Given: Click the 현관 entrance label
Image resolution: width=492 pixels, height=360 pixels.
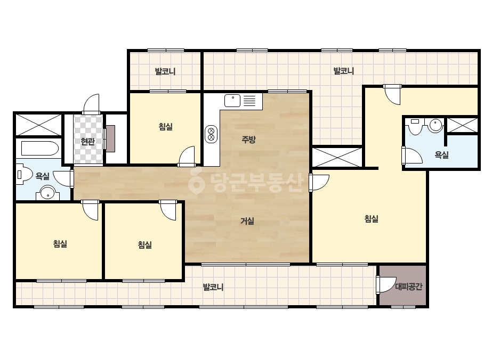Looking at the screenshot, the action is [x=87, y=142].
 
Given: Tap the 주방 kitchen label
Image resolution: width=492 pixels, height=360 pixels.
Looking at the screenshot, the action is [x=248, y=139].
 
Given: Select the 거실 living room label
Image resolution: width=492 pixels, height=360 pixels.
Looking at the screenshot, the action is [x=247, y=221].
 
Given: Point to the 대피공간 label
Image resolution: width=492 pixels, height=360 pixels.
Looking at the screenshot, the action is [x=408, y=287].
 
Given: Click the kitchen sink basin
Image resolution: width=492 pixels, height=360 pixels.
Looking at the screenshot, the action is [x=232, y=101].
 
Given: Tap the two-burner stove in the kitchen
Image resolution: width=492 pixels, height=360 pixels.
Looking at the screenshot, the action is [x=211, y=134].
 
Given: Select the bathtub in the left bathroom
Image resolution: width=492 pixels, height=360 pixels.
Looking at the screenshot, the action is [x=39, y=149].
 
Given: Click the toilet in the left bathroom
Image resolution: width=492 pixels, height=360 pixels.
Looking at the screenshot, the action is [x=25, y=175].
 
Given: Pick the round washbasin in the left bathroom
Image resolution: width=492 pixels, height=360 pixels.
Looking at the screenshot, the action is [x=47, y=193].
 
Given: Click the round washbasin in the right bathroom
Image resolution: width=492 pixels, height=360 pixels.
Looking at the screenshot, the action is [x=435, y=125].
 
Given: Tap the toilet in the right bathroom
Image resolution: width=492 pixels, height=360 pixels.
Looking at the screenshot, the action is [x=415, y=126].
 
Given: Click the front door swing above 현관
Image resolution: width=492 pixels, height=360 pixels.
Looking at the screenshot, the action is [x=91, y=104].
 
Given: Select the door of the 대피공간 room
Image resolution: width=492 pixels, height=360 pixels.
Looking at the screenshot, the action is [x=386, y=284].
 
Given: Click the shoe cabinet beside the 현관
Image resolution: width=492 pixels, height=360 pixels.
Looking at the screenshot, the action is [x=110, y=138].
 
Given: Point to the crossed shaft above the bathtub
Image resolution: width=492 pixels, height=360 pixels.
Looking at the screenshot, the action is [x=38, y=125].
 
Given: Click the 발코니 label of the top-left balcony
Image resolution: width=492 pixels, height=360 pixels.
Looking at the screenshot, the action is [x=165, y=71].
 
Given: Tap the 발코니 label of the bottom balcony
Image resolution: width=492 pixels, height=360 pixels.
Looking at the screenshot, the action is [x=213, y=287].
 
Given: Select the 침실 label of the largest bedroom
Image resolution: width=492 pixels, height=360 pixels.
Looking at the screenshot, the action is [x=371, y=218].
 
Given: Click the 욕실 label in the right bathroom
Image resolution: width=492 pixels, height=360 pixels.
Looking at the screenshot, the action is [x=441, y=154].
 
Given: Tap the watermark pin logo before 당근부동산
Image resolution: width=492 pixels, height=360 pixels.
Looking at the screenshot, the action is [x=196, y=181].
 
